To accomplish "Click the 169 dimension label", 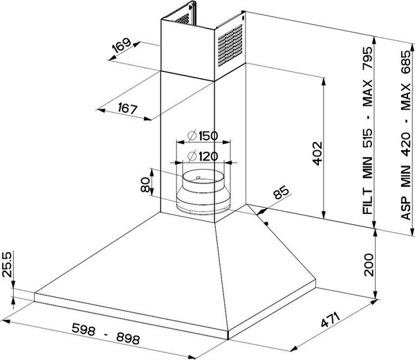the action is (x=122, y=45).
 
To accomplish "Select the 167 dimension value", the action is (x=128, y=108).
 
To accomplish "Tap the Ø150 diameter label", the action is (x=203, y=136).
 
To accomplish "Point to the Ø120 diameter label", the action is (x=203, y=156).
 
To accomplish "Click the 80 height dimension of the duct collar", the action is (x=145, y=185).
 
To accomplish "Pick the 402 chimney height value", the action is (x=317, y=154).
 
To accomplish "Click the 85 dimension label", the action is (x=281, y=192).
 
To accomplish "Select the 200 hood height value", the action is (x=369, y=265).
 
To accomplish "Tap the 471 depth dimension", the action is (x=330, y=320).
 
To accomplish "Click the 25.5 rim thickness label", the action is (x=7, y=264).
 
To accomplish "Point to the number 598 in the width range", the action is (x=84, y=329).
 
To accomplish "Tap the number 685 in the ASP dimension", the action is (x=406, y=62).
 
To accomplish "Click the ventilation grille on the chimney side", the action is (x=230, y=45).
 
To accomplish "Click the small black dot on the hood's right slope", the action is (x=266, y=224).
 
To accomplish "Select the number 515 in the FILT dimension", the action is (x=367, y=138).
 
